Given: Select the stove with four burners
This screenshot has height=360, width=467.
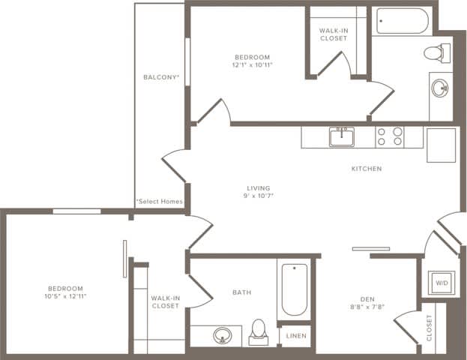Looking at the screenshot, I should pos(390,136).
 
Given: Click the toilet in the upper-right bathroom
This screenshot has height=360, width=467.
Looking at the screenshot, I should pos(436,52).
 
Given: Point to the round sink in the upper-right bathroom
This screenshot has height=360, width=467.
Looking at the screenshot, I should pos(440,88).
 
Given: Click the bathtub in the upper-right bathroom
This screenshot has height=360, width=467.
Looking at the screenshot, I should pos(403,21).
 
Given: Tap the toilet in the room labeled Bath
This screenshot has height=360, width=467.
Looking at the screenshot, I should pos(259,331).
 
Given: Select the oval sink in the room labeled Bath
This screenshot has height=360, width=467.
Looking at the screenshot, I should pos(222,334).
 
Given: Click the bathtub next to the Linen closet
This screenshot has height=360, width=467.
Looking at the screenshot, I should pos(294,289).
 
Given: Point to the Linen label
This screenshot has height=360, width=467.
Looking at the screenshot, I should pos(295,337).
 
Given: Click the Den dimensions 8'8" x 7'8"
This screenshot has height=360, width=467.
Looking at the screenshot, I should pos(367,306).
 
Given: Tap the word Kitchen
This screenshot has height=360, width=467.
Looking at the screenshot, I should pos(367,169).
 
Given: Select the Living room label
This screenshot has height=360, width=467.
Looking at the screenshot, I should pos(259,187).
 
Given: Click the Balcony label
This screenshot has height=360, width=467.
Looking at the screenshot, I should pos(161,77).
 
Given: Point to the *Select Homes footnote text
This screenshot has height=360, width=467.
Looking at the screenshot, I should pos(159,202).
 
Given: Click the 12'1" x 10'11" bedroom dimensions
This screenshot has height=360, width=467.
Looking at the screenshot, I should pos(252,65).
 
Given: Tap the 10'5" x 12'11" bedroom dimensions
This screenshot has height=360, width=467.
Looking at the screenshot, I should pos(66,296).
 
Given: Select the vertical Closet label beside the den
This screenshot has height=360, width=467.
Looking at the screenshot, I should pos(430,328).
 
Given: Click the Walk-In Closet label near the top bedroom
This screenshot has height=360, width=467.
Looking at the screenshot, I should pos(332,34).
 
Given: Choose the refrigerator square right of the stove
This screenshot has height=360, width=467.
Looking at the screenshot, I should pos(441,145).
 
